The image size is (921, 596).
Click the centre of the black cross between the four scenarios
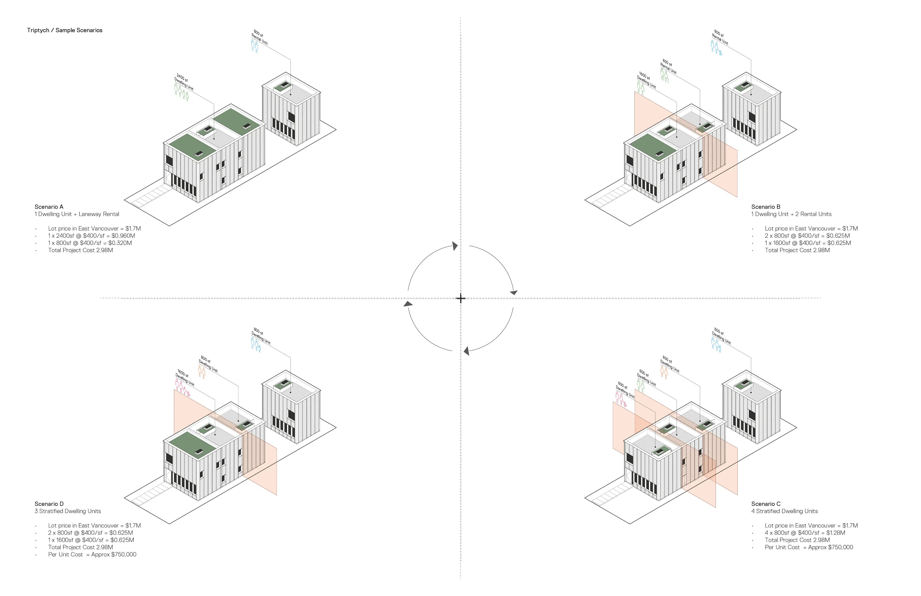coord(460,298)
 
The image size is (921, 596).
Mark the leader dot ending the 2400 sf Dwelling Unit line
coord(214,139)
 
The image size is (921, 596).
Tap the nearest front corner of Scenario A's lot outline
coord(170,226)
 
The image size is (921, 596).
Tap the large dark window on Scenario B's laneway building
coord(751,117)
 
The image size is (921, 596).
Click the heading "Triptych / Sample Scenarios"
coord(65,30)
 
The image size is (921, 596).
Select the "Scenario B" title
coord(765,207)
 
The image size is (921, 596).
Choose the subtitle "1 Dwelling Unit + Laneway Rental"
coord(77,214)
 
